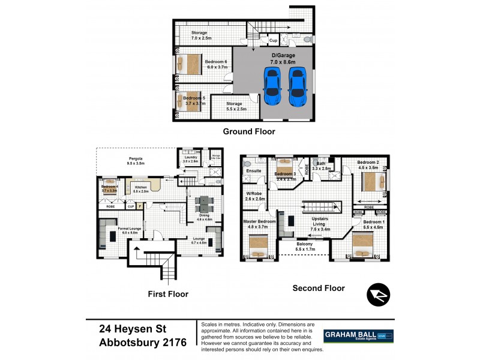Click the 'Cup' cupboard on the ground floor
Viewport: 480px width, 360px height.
click(273, 40)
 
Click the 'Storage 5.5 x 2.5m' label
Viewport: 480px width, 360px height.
click(234, 106)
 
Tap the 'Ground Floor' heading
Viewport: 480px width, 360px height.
click(248, 131)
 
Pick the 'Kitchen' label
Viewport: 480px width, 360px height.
click(140, 188)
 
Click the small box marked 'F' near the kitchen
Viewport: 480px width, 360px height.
click(140, 206)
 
